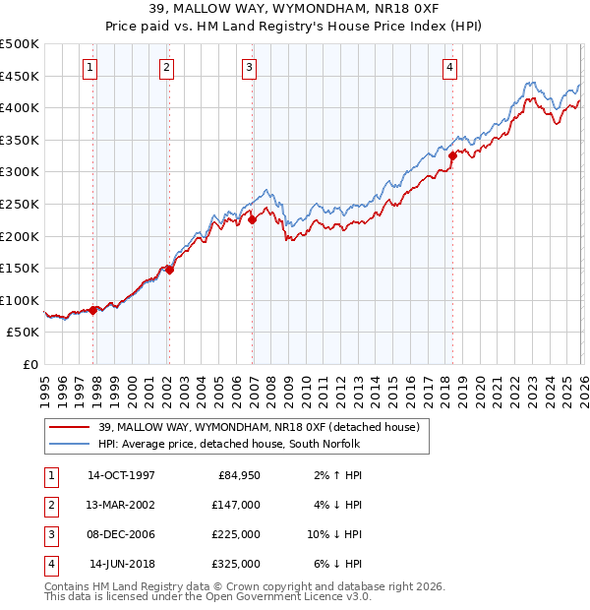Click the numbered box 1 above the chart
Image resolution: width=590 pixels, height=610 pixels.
point(89,68)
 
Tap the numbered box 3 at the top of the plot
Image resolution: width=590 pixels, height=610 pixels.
point(249,68)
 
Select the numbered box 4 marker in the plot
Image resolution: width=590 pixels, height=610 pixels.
point(449,68)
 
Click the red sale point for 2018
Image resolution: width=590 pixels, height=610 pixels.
point(452,154)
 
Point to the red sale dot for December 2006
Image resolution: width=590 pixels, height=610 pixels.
point(253,220)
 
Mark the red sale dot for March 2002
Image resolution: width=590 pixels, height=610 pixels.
point(169,270)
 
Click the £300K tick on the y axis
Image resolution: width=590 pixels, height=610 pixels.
point(20,172)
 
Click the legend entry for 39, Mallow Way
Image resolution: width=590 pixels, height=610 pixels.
point(259,427)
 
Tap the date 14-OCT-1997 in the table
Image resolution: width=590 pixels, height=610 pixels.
point(121,475)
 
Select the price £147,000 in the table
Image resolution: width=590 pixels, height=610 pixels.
point(237,505)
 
